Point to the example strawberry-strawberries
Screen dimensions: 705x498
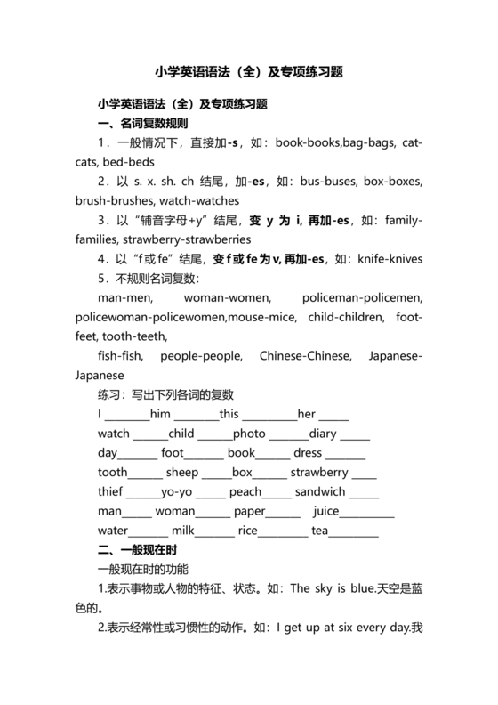click(x=188, y=239)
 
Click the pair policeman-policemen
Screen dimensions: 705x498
click(x=362, y=298)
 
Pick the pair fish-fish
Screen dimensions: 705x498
click(x=119, y=357)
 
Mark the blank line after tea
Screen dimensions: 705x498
click(x=354, y=533)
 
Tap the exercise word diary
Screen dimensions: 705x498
click(x=324, y=434)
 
